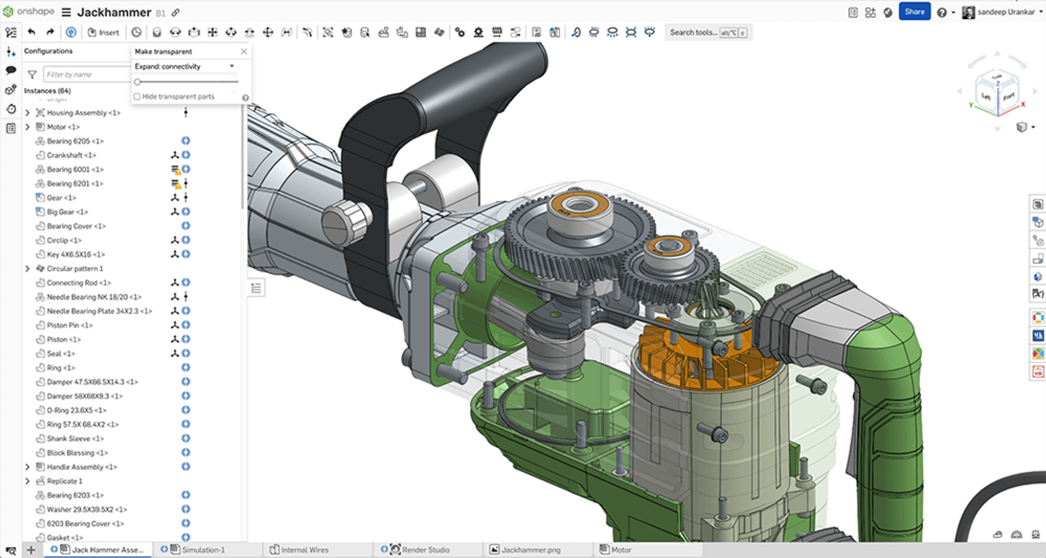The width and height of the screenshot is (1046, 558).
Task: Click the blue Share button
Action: tap(914, 12)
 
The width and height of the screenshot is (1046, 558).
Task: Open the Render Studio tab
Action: tap(425, 550)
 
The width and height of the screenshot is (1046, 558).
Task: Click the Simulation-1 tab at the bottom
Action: tap(203, 550)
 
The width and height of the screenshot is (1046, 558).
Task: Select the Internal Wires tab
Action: tap(304, 550)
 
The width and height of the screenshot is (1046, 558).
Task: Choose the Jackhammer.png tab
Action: tap(530, 550)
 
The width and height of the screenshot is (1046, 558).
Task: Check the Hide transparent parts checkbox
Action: tap(137, 97)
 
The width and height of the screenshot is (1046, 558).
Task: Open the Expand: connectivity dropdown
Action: tap(184, 67)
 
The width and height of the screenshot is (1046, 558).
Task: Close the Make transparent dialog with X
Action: tap(244, 51)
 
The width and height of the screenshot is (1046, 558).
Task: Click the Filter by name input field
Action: tap(87, 74)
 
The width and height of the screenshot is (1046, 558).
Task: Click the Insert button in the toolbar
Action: tap(103, 32)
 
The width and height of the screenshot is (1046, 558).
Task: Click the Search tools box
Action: tap(693, 32)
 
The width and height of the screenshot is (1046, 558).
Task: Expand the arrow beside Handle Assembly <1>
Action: tap(27, 467)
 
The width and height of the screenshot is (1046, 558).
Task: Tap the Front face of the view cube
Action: tap(1009, 97)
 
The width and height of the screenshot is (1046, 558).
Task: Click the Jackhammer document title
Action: tap(114, 12)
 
